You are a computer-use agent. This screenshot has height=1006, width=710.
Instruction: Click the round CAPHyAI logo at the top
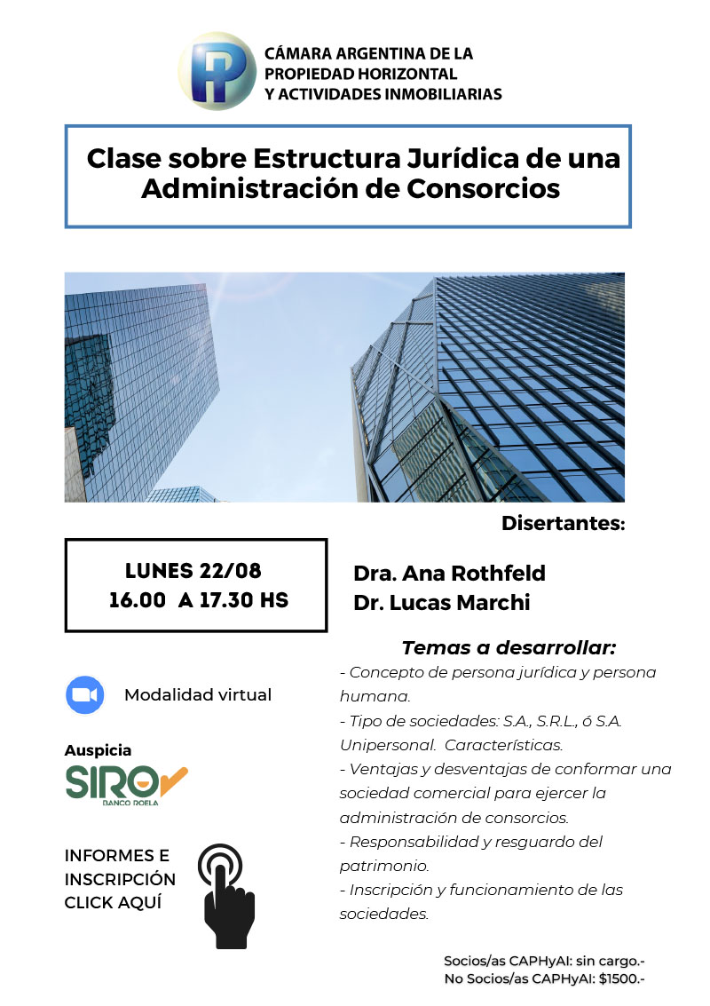(217, 71)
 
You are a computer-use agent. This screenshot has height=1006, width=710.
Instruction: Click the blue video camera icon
(85, 694)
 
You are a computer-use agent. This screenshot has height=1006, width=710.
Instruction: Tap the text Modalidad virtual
(198, 694)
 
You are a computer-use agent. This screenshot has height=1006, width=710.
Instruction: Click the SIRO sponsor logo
(126, 782)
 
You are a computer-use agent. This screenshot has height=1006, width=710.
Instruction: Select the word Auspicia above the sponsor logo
(98, 750)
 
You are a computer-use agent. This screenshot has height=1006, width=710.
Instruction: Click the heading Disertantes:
(564, 523)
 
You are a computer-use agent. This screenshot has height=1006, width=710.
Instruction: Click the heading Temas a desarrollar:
(509, 647)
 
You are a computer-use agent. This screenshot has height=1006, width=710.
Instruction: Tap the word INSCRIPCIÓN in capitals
(120, 879)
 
